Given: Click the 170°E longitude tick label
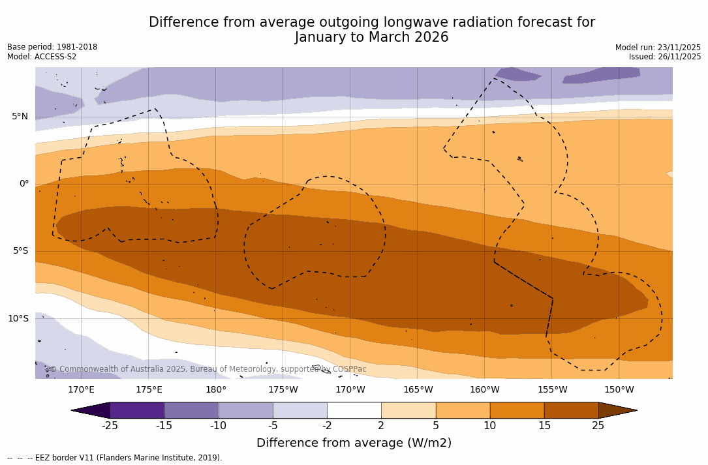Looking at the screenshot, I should tap(81, 390).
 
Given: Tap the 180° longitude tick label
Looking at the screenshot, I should tap(215, 390).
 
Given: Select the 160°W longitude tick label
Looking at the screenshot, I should tap(484, 390).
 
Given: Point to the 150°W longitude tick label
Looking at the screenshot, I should tap(619, 390).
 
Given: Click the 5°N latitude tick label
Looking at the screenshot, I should tap(20, 117).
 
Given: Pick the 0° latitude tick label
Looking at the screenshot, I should tap(24, 184).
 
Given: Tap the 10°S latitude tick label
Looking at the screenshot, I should tap(18, 319).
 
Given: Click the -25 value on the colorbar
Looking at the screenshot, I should tap(110, 426).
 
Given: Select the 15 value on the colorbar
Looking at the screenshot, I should tap(544, 426).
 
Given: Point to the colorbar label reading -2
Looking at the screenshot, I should tap(327, 426).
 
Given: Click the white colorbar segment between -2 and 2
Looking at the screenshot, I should tap(354, 410).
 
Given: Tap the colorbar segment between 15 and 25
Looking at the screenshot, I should tap(571, 410).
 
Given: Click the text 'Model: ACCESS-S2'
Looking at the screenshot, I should tap(42, 57).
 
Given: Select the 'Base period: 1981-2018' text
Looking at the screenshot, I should tap(52, 47).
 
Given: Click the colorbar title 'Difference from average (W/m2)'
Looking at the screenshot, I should tap(354, 443).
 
